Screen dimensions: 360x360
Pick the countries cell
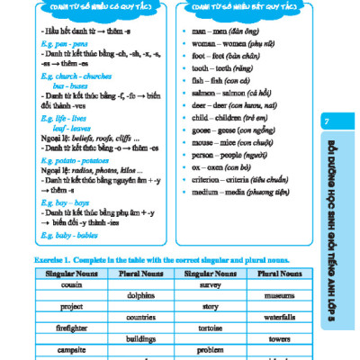coord(141,317)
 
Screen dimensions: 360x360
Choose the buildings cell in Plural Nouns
coord(141,339)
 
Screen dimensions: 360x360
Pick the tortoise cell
coord(210,328)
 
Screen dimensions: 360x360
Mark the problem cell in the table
coord(210,351)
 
